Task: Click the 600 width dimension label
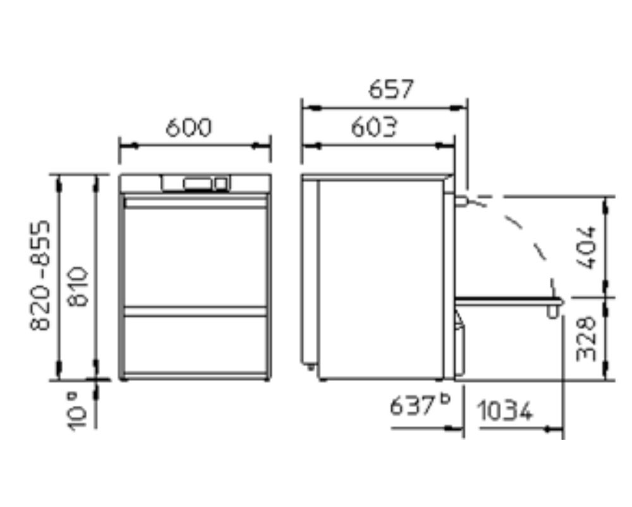click(x=188, y=128)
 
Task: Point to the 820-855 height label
click(x=41, y=274)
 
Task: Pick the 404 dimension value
click(x=587, y=247)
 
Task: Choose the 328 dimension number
click(x=587, y=338)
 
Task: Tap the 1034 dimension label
click(x=504, y=412)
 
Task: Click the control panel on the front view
click(x=195, y=183)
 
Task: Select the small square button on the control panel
click(x=220, y=184)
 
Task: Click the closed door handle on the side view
click(x=461, y=201)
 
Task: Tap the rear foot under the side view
click(x=311, y=364)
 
